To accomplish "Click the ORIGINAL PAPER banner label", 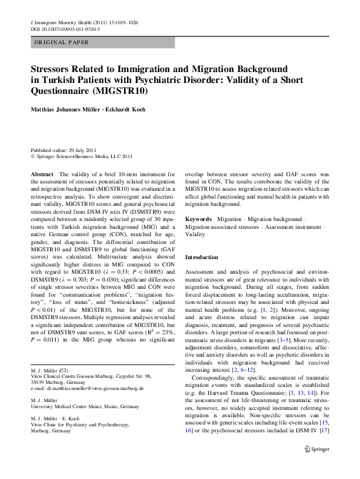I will click(62, 42).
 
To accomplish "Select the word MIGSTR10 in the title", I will click(123, 91).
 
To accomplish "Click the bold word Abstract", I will click(42, 174).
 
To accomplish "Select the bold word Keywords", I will click(198, 218).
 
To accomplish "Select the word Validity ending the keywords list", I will click(195, 234).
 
